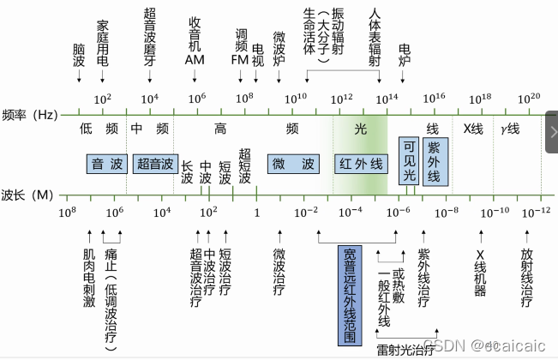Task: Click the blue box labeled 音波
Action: pyautogui.click(x=109, y=162)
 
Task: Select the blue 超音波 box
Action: pyautogui.click(x=156, y=162)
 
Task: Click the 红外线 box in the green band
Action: pyautogui.click(x=361, y=162)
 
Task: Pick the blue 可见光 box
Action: pyautogui.click(x=409, y=160)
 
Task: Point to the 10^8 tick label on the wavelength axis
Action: pyautogui.click(x=68, y=211)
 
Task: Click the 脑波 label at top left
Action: pyautogui.click(x=79, y=51)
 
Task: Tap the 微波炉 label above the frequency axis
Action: pyautogui.click(x=279, y=48)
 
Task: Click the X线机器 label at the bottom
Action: pyautogui.click(x=480, y=272)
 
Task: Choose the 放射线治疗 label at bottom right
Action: pyautogui.click(x=526, y=278)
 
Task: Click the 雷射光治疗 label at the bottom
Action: pyautogui.click(x=403, y=350)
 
